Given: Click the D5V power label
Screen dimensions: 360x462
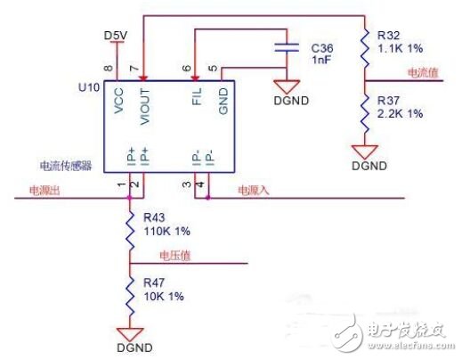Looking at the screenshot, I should [116, 35].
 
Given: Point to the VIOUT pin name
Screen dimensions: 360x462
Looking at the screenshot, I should [143, 107].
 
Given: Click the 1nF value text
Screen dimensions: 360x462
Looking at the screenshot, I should [320, 59].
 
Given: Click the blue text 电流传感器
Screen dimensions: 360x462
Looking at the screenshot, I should [63, 166].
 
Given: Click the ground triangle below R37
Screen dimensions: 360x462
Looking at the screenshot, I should [365, 150].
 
